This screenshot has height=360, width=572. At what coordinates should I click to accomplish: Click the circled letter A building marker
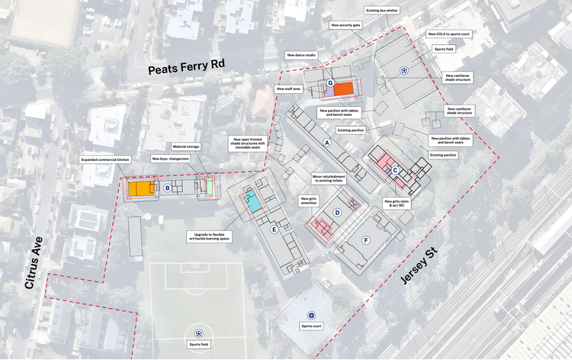327,143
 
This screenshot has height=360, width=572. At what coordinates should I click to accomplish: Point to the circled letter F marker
366,240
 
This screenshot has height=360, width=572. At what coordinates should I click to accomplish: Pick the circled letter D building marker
337,214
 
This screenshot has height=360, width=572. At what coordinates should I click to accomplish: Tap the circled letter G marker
329,82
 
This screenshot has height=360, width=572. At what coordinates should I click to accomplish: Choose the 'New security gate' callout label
345,25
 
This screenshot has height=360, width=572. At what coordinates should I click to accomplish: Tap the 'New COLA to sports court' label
450,34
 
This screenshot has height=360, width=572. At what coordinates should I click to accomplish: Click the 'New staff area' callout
289,89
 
